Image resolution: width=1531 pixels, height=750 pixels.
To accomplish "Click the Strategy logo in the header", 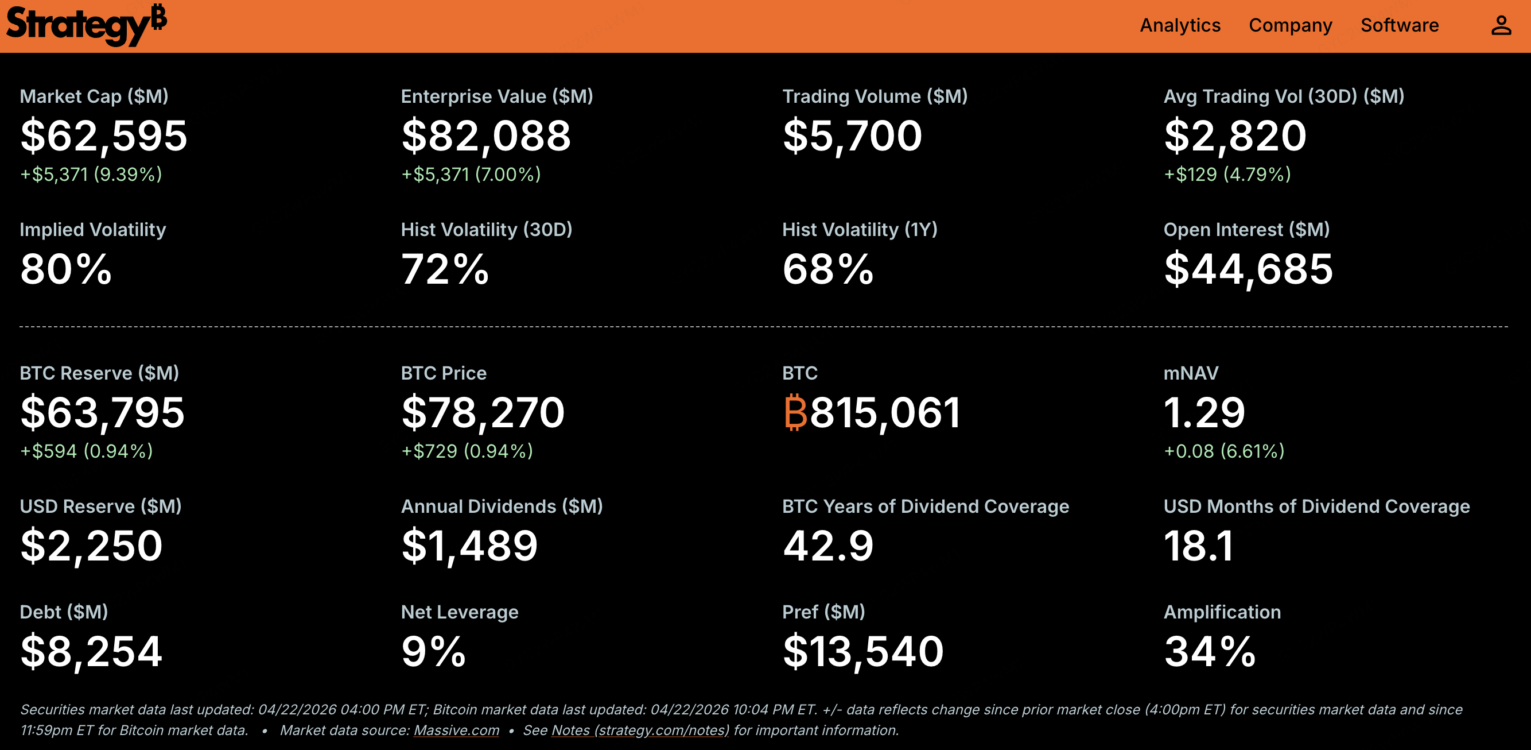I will point(86,25).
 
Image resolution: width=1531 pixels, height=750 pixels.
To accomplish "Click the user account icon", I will point(1501,26).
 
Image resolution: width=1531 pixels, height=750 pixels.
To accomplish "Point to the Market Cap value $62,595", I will point(104,136).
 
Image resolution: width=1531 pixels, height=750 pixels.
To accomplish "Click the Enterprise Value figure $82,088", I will point(486,136).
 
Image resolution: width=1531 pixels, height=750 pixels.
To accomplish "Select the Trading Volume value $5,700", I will point(852,136).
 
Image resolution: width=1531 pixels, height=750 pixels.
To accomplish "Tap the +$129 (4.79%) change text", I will point(1227,174).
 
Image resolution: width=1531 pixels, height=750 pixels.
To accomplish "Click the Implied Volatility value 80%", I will point(66,269).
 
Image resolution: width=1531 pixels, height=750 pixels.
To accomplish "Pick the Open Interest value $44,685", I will point(1248,269).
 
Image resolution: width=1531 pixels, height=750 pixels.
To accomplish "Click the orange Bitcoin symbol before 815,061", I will point(795,412).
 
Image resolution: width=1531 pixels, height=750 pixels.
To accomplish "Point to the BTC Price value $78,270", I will point(483,412).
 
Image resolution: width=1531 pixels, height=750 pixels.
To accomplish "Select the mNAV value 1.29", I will point(1204,412).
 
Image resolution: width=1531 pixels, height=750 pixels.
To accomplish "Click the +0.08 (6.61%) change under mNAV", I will point(1224,451).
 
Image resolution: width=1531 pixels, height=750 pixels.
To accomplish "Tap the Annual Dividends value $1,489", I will point(469,546).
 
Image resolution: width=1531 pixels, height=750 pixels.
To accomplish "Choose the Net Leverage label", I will point(460,612).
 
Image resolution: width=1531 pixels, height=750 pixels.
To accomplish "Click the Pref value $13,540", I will point(863,651).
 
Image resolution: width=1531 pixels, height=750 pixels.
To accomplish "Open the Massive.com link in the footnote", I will point(456,730).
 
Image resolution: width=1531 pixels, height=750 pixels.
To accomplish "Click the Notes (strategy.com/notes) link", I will point(640,730).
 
